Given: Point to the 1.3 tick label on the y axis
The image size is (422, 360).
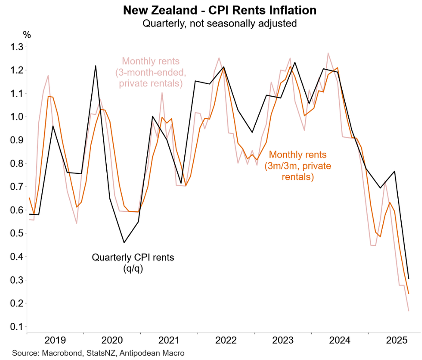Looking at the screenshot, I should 16,47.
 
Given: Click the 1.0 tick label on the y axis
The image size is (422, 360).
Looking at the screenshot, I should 16,117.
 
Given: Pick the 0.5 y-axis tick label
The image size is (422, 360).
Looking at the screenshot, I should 16,233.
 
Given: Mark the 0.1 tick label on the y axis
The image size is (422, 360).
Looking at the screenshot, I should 16,327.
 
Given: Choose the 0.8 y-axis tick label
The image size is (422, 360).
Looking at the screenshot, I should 16,164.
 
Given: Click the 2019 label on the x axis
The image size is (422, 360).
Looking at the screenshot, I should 56,340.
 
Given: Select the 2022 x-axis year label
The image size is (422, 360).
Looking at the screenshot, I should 226,340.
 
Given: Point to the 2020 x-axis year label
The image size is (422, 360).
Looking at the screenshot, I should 112,340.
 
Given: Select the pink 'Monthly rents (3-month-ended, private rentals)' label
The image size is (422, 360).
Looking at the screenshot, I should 151,72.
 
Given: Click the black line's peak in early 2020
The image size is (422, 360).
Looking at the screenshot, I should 96,66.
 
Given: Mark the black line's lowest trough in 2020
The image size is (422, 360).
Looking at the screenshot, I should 124,242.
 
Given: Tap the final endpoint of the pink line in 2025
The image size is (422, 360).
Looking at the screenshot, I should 408,311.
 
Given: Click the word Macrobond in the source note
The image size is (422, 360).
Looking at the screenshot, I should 58,353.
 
